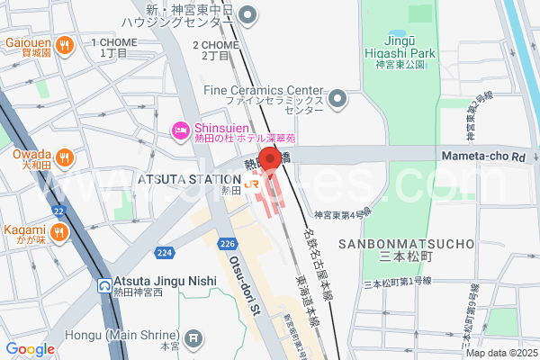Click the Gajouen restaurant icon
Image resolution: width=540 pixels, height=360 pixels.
[x=64, y=45]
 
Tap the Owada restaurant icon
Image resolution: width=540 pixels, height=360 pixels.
[x=64, y=158]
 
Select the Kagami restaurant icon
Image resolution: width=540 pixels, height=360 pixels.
[x=59, y=232]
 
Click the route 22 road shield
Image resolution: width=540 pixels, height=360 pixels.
[x=58, y=211]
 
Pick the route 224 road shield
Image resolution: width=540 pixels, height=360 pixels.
[x=164, y=253]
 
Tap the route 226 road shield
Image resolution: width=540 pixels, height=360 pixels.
[x=226, y=243]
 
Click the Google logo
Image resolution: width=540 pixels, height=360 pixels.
[x=31, y=349]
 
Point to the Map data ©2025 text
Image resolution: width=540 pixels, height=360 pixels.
[x=500, y=354]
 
